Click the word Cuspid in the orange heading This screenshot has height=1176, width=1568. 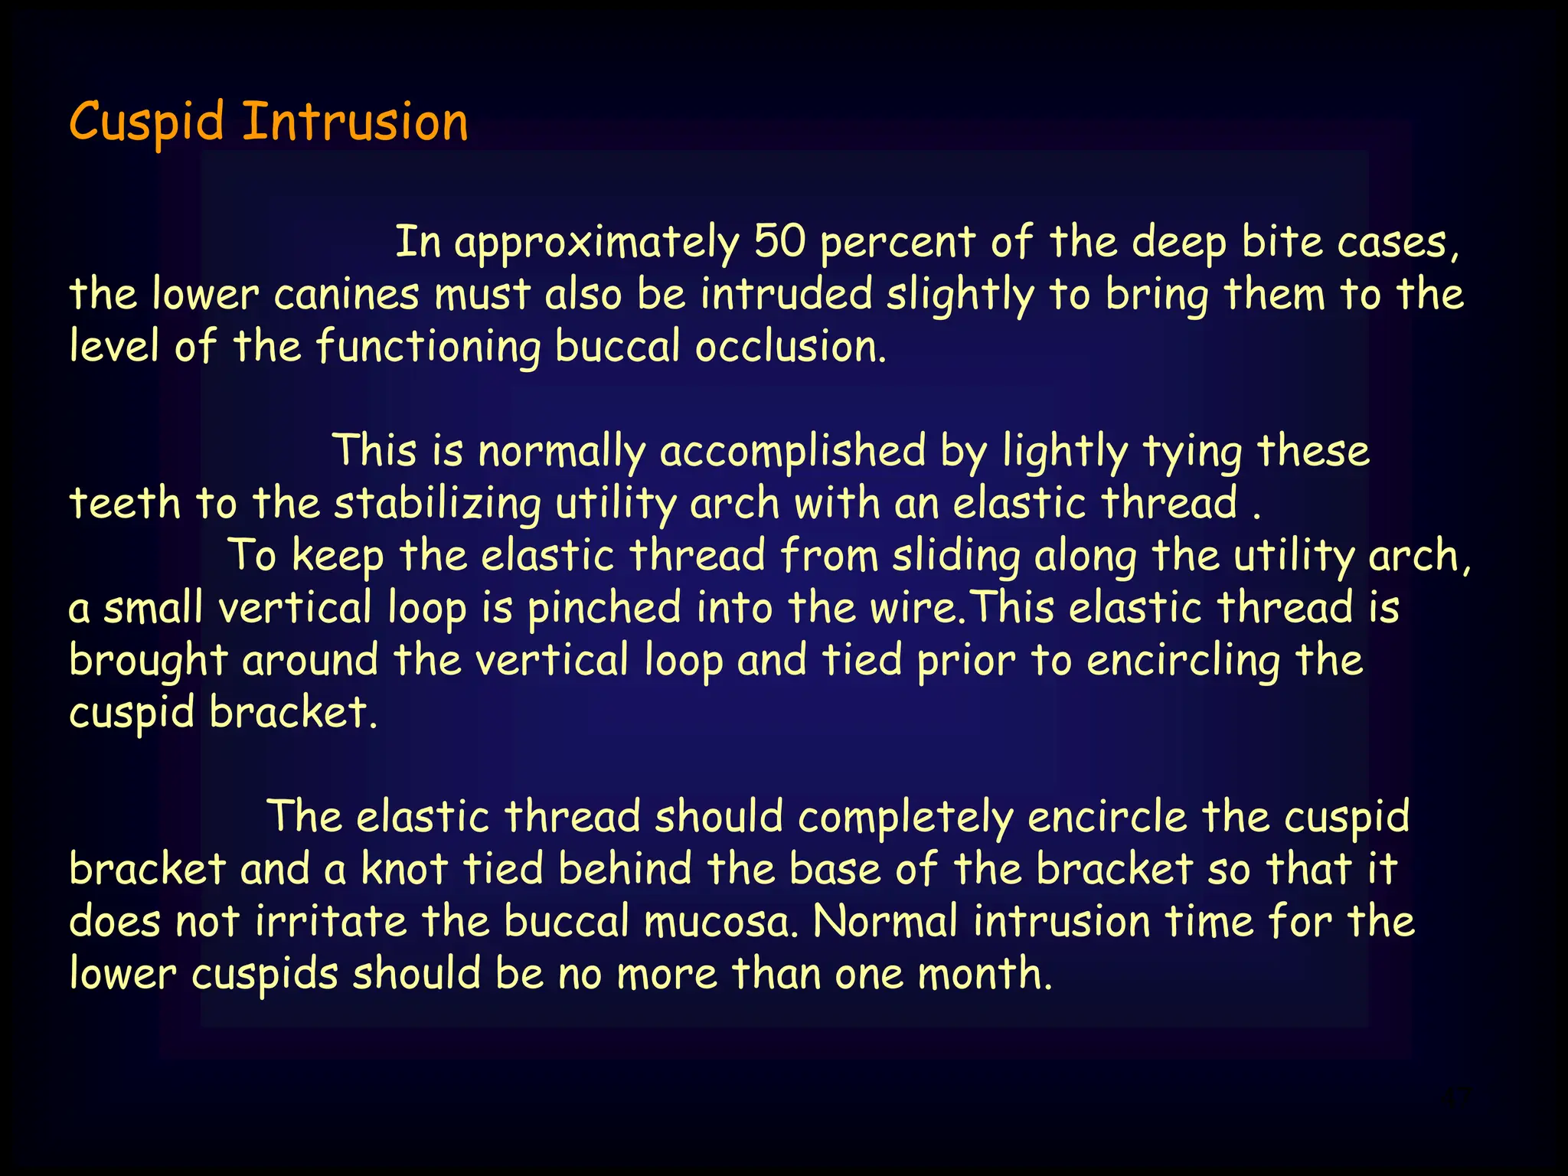[146, 122]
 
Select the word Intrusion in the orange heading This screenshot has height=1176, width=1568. [355, 122]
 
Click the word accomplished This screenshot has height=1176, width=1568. [792, 452]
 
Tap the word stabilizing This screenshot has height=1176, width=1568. [437, 505]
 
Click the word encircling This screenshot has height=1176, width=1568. [1183, 661]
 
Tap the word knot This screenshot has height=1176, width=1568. [404, 870]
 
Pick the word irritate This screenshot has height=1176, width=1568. [331, 922]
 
